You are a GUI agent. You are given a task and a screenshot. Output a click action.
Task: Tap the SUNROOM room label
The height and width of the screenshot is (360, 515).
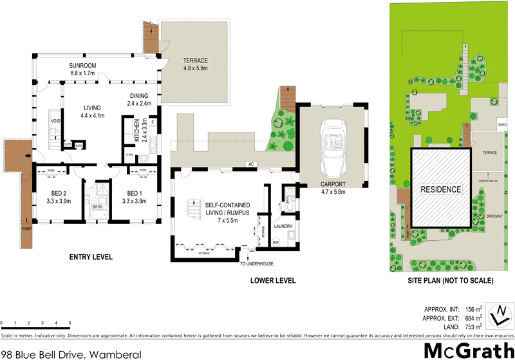[83, 66]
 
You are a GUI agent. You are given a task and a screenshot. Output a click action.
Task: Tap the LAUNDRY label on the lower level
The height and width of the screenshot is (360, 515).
[283, 226]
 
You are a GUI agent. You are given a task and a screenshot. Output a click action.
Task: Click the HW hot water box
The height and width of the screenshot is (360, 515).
[276, 242]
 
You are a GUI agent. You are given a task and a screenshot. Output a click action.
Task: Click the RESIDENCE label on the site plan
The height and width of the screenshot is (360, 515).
[441, 189]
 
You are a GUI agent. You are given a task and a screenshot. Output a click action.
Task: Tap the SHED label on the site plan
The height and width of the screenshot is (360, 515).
[502, 124]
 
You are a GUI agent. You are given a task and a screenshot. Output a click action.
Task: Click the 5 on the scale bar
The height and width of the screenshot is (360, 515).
[70, 322]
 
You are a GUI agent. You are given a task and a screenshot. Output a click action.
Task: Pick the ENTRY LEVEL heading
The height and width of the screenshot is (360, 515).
[91, 257]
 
